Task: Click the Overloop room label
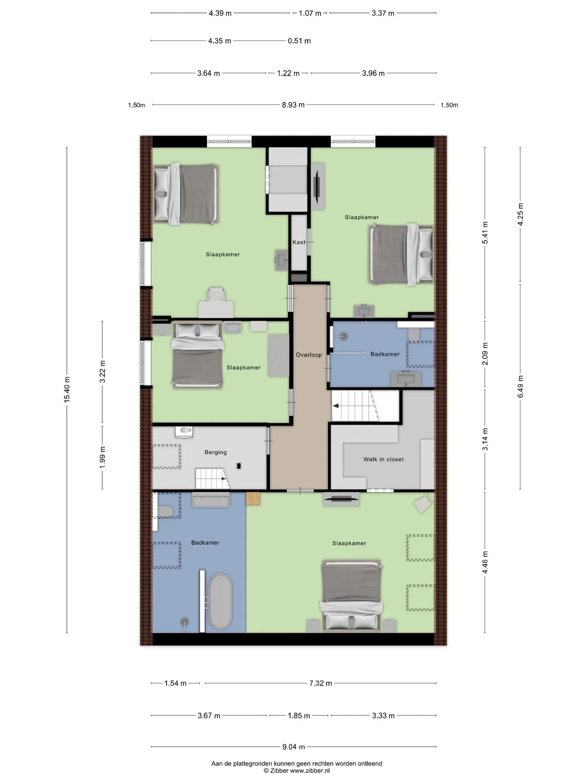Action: (309, 355)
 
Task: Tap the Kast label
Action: (299, 242)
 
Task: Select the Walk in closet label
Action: (384, 459)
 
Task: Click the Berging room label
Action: (216, 452)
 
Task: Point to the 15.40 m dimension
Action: (67, 390)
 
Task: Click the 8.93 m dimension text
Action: (293, 105)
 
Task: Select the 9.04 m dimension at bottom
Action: (293, 747)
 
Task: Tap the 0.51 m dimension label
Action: (299, 41)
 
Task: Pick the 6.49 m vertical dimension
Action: (521, 387)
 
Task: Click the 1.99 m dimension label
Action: (102, 457)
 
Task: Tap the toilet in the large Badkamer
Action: (165, 511)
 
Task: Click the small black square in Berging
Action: (239, 466)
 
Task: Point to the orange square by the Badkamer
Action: (253, 498)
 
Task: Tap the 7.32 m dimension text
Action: (320, 683)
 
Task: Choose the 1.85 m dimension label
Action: (299, 716)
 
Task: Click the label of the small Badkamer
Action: (385, 354)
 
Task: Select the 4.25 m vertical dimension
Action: (521, 214)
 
